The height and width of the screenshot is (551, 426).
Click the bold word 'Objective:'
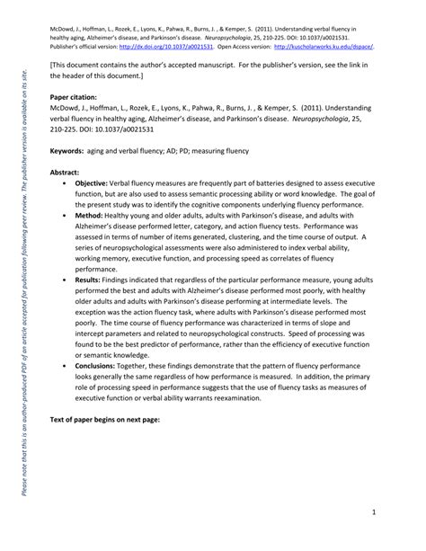tap(93, 182)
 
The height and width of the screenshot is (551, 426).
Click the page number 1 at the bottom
tap(396, 511)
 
